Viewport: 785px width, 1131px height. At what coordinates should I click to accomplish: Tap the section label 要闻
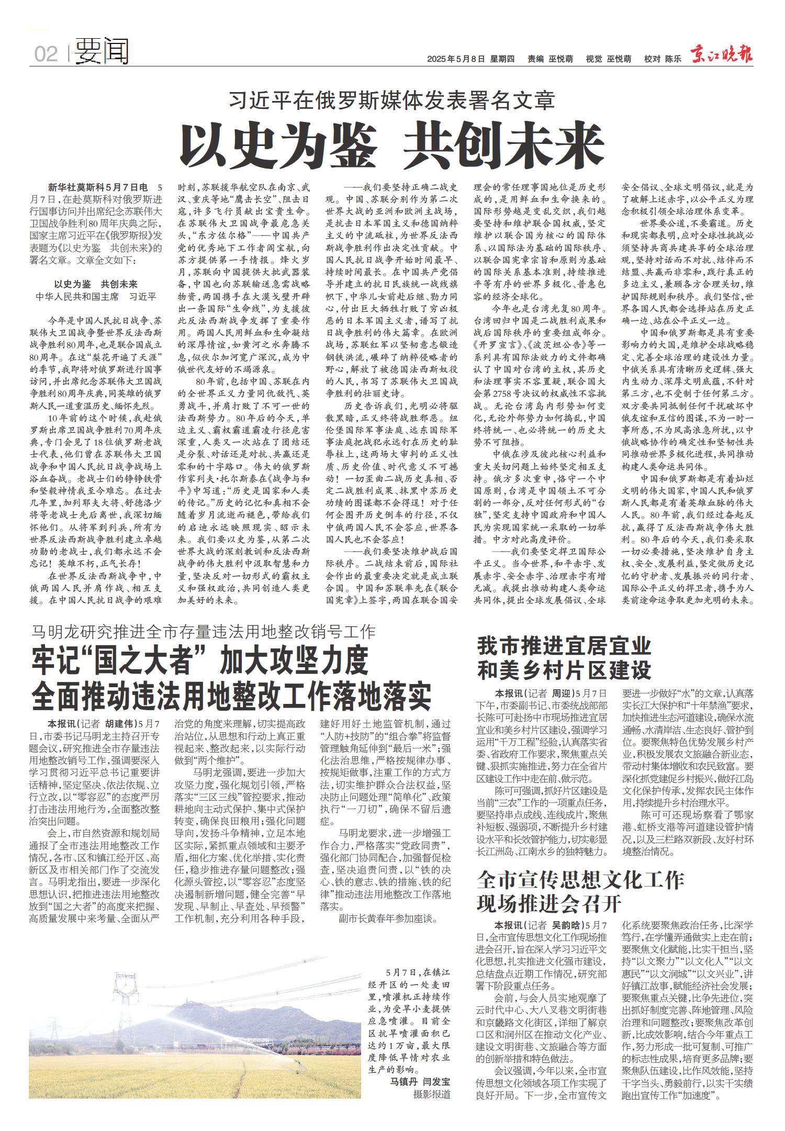click(102, 52)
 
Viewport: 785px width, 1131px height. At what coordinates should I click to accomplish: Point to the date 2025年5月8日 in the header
click(456, 59)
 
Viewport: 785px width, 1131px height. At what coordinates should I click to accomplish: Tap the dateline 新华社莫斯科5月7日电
click(98, 187)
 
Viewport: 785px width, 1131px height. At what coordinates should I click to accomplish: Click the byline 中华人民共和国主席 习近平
click(96, 297)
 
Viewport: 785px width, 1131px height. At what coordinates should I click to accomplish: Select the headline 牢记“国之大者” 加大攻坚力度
click(200, 662)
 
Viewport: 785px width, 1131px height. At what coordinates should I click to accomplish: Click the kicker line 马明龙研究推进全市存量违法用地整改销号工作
click(203, 632)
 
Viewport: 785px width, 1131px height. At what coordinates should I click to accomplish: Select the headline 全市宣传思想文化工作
click(580, 880)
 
